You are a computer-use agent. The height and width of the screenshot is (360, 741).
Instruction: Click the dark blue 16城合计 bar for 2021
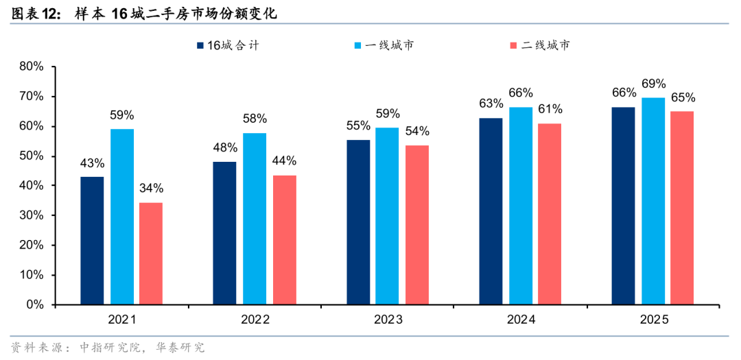92,240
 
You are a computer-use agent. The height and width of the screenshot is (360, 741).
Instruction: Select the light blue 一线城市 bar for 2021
121,217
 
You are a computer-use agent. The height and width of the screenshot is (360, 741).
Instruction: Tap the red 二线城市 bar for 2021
151,253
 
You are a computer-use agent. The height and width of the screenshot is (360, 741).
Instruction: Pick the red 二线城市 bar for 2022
284,239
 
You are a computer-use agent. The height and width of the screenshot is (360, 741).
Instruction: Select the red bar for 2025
682,208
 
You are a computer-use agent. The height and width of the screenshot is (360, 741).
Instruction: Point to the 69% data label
653,84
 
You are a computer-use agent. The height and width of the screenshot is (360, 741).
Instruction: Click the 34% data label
151,189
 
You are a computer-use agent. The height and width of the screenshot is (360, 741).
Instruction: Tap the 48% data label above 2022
224,147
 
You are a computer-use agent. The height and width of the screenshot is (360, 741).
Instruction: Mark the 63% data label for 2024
491,104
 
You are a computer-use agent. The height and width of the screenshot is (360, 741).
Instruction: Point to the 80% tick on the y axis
32,67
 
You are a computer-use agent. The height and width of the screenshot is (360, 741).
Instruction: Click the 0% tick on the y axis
35,304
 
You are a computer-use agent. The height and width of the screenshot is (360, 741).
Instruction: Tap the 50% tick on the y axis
32,156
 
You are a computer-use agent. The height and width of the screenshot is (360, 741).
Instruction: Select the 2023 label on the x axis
388,320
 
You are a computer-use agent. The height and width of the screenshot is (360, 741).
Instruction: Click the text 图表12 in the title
27,12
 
